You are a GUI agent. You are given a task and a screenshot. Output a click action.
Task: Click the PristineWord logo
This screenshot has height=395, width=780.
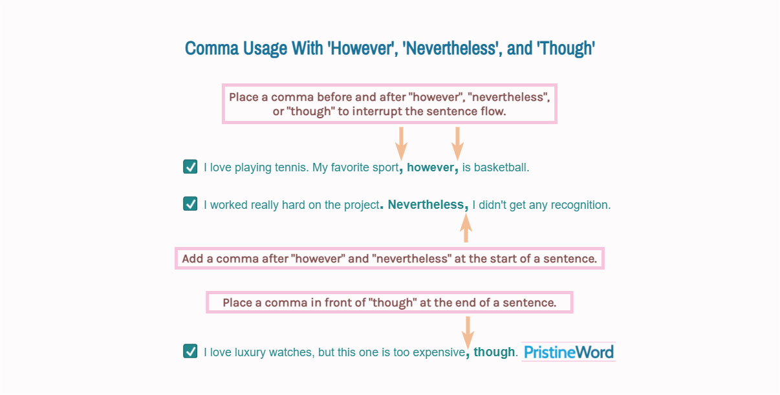coord(569,352)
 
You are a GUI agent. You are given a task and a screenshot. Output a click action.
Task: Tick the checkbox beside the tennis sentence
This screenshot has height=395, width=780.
coord(190,167)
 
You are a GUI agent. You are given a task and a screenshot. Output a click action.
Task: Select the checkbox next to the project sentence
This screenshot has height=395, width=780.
coord(190,204)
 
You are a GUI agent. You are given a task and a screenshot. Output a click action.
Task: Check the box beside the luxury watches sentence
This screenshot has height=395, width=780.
coord(190,351)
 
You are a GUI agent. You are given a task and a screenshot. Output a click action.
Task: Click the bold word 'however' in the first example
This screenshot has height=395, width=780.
coord(430,167)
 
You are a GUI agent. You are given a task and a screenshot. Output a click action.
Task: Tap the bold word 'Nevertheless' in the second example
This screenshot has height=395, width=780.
coord(426,205)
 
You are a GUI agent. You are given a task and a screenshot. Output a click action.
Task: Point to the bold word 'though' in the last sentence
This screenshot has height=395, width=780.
coord(494,352)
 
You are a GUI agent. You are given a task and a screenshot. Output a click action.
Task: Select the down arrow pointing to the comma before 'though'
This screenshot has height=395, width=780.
coord(468,331)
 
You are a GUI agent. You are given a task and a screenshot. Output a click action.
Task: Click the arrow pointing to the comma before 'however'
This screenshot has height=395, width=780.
coord(401,142)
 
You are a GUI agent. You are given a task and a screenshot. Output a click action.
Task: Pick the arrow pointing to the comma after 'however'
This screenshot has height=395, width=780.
coord(457,142)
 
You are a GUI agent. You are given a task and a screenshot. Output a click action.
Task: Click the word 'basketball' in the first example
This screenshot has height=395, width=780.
coord(502,167)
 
